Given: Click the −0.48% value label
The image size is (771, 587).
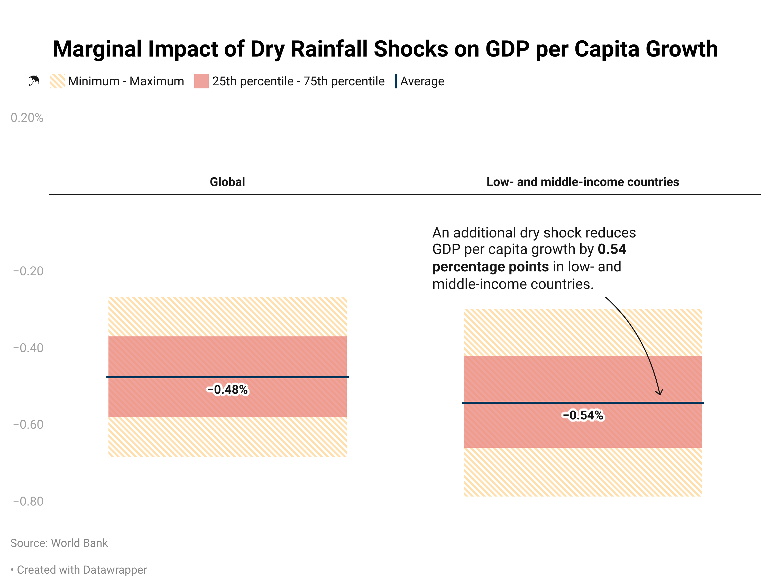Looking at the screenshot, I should [227, 389].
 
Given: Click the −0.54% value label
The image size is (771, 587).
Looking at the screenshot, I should [582, 415].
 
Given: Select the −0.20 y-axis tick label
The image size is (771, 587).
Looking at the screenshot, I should [28, 271].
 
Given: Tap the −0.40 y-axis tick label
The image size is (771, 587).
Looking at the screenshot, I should [28, 348].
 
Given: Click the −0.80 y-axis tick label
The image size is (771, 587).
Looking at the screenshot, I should [28, 501].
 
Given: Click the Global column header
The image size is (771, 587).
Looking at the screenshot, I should [227, 182].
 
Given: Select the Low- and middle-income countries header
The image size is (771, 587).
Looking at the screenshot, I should [582, 182].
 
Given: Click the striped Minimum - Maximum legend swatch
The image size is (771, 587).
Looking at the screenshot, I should [57, 81].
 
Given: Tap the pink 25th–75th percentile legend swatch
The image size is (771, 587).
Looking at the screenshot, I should [201, 81].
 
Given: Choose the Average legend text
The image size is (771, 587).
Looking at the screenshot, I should [422, 81].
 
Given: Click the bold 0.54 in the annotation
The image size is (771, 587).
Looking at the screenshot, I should [612, 249].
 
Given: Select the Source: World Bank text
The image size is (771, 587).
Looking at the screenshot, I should [59, 543].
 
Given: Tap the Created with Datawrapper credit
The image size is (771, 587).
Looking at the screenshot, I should [82, 570].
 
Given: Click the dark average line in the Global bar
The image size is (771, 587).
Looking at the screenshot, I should [157, 377].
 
